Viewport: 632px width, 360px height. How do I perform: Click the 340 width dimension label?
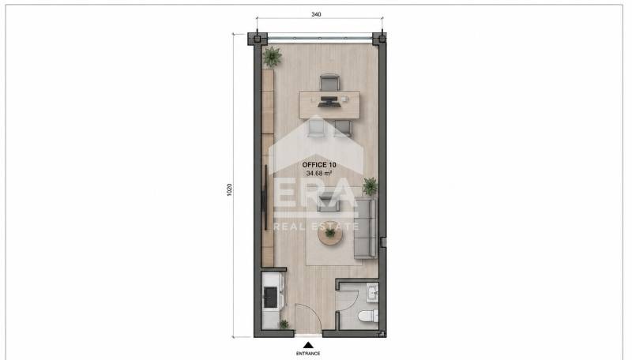coord(316,14)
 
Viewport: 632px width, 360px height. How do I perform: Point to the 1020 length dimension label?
coord(229,189)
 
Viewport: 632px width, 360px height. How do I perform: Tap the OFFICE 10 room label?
coord(319,165)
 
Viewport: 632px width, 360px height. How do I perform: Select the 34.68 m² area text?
coord(319,174)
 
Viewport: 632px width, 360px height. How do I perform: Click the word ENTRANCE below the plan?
coord(308,354)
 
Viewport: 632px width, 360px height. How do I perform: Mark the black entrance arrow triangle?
coord(308,345)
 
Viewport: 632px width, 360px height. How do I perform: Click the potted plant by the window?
coord(272,56)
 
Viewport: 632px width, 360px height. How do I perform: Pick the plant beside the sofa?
coord(370,186)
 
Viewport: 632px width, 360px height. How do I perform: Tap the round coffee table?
coord(330,234)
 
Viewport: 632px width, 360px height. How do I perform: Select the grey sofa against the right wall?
coord(365,228)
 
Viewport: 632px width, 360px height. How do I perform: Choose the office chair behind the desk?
coord(329,83)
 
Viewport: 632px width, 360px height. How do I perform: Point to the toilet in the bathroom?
coord(368,316)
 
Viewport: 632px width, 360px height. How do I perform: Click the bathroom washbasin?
coord(372,292)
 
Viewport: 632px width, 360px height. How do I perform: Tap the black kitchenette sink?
coord(270,297)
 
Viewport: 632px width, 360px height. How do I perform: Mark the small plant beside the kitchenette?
coord(284,324)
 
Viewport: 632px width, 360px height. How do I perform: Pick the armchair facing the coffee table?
coord(329,203)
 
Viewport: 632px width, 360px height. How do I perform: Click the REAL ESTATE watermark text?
coord(316,227)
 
